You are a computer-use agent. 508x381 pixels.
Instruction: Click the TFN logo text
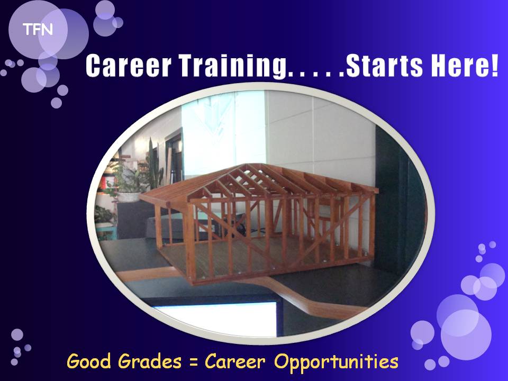[x=38, y=30]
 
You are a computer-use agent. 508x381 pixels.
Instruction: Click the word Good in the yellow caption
[x=89, y=361]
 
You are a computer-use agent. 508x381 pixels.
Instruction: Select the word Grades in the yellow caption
[x=150, y=362]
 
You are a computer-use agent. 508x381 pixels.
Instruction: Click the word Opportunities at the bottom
[x=337, y=362]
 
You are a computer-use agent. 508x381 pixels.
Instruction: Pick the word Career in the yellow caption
[x=235, y=361]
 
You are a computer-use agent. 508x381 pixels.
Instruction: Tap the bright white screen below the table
[x=217, y=319]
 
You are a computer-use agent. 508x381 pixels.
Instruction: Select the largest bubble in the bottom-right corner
[x=466, y=334]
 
